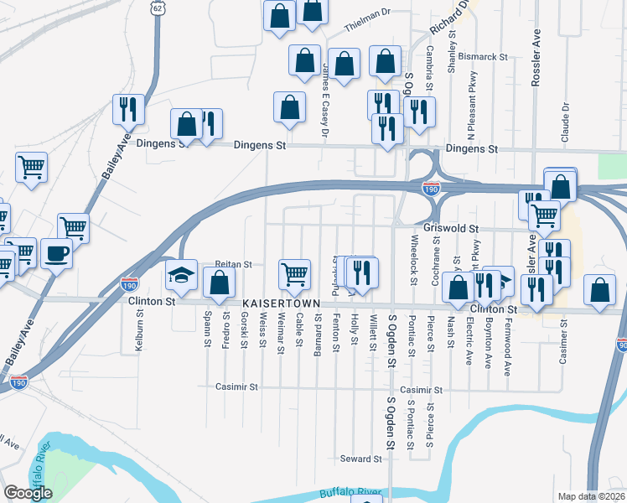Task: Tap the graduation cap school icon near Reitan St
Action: [x=181, y=274]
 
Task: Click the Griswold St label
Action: [x=451, y=228]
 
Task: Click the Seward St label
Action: [x=360, y=459]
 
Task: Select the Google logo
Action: [x=28, y=493]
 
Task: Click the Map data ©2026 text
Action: [x=592, y=496]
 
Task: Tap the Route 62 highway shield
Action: [x=157, y=6]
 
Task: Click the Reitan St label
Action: [x=234, y=264]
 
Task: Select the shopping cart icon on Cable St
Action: [x=294, y=273]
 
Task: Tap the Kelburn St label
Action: [x=140, y=334]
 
